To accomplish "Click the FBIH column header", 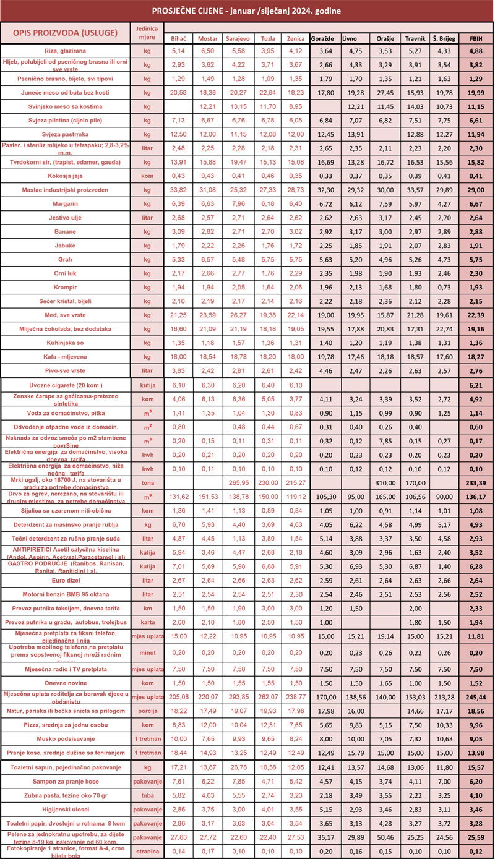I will point(476,39).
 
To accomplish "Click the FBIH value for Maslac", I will point(476,190).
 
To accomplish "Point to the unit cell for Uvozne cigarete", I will point(147,384).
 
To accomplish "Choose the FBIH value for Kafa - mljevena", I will point(476,357).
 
